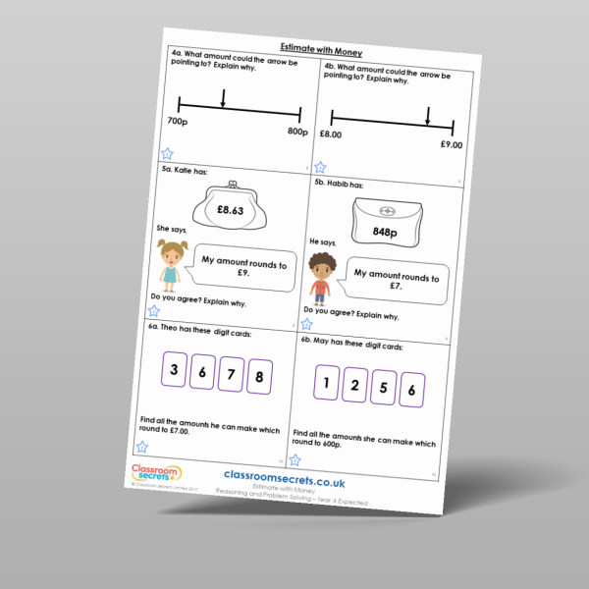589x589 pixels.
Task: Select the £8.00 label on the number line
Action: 330,134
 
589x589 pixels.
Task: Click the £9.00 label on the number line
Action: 452,145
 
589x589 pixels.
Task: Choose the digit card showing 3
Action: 174,370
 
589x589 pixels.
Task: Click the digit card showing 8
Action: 259,375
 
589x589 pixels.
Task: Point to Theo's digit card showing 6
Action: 202,372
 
